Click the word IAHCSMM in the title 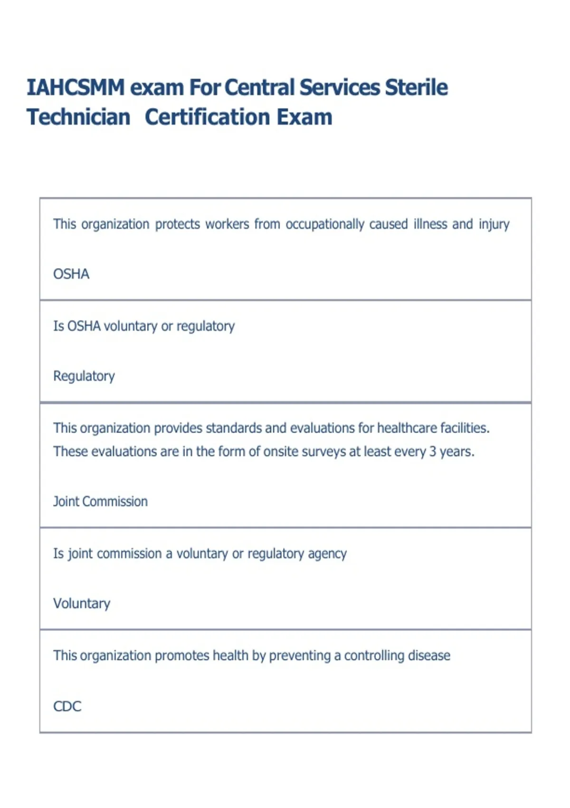click(76, 88)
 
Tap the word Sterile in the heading click(416, 88)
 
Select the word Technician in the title click(78, 117)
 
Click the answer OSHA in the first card click(71, 274)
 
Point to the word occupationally click(324, 224)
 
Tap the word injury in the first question click(494, 224)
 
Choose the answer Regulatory click(84, 376)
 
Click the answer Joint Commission click(100, 501)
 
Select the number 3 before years click(433, 452)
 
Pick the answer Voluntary click(82, 604)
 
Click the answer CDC click(67, 706)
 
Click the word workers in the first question click(227, 224)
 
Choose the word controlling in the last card click(372, 656)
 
